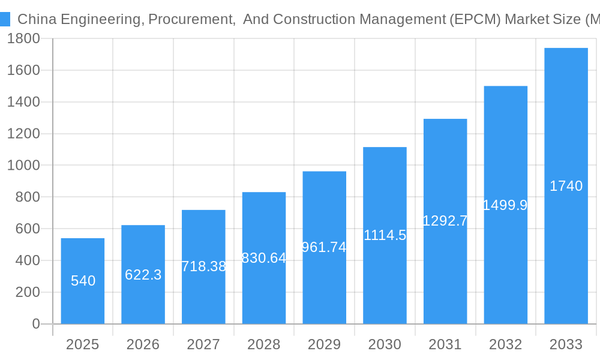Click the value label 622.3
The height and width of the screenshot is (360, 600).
143,275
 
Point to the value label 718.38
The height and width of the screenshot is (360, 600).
203,266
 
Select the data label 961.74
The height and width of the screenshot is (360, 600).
324,247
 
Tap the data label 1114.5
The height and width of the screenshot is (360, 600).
385,235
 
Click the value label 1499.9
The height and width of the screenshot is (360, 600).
505,205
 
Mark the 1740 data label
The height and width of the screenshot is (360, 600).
566,186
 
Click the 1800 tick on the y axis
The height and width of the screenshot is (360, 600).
23,39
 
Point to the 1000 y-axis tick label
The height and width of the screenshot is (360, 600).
23,166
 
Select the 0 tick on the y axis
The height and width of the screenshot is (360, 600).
35,324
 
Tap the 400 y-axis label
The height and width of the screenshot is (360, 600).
27,260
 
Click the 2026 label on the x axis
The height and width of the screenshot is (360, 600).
143,344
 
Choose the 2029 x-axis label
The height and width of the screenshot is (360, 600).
324,344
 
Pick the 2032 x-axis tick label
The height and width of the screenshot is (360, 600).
505,344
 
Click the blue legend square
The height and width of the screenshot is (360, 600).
5,19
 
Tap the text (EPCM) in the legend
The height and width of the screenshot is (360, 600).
475,19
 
